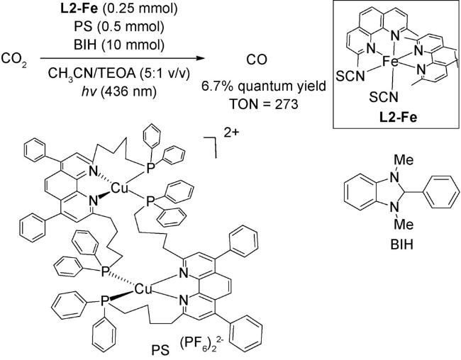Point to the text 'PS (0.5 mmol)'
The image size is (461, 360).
click(x=116, y=26)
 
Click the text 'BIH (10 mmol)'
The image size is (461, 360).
click(x=116, y=43)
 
